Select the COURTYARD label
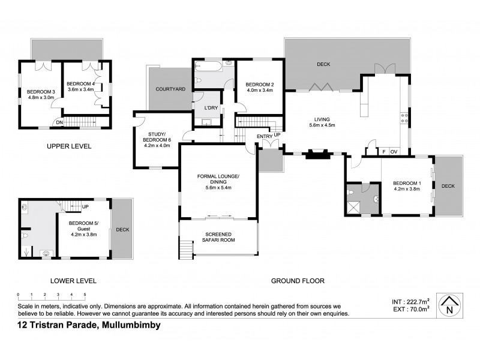pos(170,89)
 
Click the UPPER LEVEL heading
pos(70,146)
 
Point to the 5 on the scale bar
pos(85,294)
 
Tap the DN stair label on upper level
pos(59,123)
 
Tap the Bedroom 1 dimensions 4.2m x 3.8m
pos(406,189)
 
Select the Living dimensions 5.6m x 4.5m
pos(322,125)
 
